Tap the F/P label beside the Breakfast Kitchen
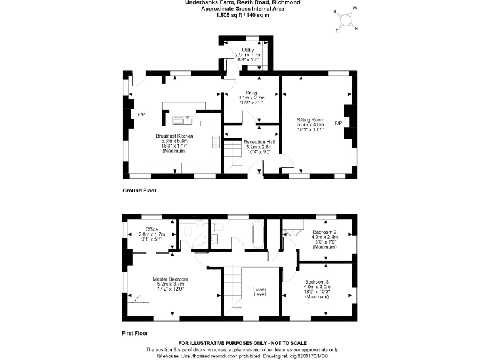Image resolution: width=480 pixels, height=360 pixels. [141, 114]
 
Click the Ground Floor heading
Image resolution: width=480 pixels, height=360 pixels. [139, 190]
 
